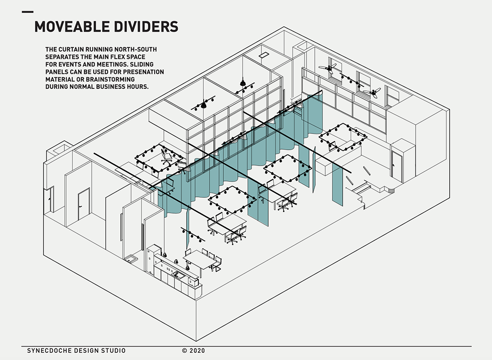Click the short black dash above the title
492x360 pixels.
28,12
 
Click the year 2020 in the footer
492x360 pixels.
197,351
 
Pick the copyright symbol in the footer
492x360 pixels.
184,351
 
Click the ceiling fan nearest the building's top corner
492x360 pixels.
331,68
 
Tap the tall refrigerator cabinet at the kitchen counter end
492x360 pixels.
153,259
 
